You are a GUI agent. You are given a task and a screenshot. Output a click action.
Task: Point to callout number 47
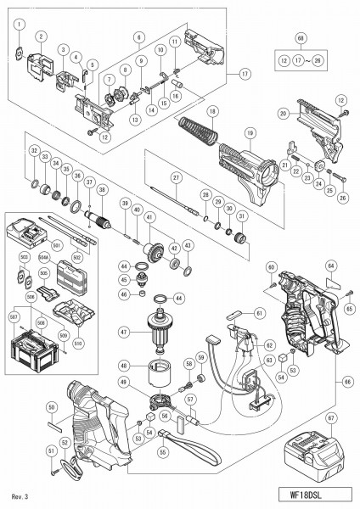[123, 333]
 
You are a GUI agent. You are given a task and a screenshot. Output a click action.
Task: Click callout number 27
[176, 176]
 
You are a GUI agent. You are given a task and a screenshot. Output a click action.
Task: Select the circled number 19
[250, 132]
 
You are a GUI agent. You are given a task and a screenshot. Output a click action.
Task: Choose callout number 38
[102, 191]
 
